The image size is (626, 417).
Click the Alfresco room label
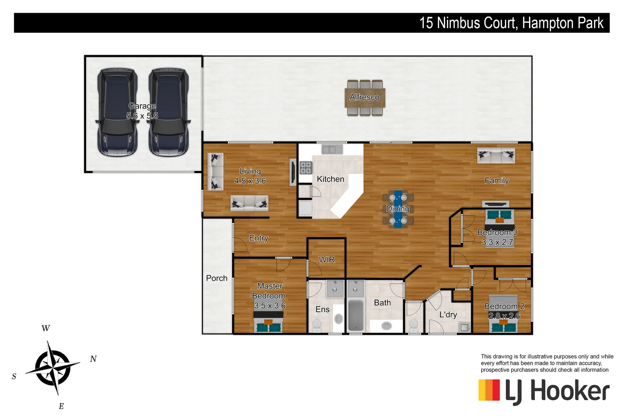(x=364, y=97)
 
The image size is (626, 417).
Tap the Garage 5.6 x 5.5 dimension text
(x=142, y=116)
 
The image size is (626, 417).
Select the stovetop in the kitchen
(x=306, y=168)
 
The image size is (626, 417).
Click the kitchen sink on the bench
(x=329, y=150)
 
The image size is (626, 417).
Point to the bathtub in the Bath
(x=356, y=315)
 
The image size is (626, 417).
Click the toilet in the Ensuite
(x=317, y=325)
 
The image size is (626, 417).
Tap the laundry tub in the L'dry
(x=464, y=328)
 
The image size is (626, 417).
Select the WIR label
(x=327, y=260)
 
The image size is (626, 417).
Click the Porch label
(x=217, y=278)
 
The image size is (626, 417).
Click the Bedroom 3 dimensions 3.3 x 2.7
(x=497, y=242)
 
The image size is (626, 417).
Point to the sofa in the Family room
(x=496, y=155)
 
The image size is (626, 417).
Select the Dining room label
(x=398, y=209)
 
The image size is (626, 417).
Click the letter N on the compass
(x=94, y=359)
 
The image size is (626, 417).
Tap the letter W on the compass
(x=46, y=328)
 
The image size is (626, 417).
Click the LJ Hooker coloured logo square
(x=489, y=390)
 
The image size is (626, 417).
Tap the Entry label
(x=259, y=238)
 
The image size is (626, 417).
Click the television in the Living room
(x=293, y=172)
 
